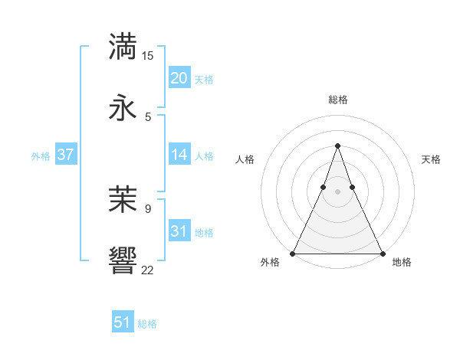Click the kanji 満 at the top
(124, 47)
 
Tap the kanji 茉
(124, 199)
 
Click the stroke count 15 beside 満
(148, 56)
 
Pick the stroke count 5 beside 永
(148, 116)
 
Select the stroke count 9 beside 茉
(148, 208)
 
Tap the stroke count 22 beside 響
(148, 270)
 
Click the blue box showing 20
(179, 78)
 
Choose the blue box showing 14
(179, 155)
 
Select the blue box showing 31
(179, 231)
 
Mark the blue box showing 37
(65, 155)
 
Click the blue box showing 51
(123, 323)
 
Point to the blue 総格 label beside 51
(148, 324)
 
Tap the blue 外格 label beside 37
(41, 155)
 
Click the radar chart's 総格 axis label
(338, 100)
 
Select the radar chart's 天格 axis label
(432, 159)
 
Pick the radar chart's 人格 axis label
(245, 159)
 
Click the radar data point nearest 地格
(382, 253)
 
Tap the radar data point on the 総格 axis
(337, 146)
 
